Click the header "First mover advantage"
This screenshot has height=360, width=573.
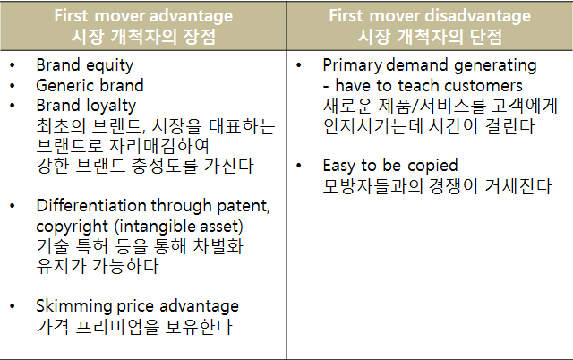143,16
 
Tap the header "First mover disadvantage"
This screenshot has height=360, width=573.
430,16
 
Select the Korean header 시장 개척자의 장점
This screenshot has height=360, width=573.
143,37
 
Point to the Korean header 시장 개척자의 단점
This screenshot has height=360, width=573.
430,37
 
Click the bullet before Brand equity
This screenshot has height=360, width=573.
13,65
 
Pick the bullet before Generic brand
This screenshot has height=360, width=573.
13,86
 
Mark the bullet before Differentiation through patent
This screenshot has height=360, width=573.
13,206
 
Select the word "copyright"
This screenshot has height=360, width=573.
72,227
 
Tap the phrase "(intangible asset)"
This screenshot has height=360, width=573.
179,227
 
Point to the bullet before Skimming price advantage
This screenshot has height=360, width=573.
13,306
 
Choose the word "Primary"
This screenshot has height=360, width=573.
352,65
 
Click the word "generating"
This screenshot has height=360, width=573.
495,65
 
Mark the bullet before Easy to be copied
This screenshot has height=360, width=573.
299,166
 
